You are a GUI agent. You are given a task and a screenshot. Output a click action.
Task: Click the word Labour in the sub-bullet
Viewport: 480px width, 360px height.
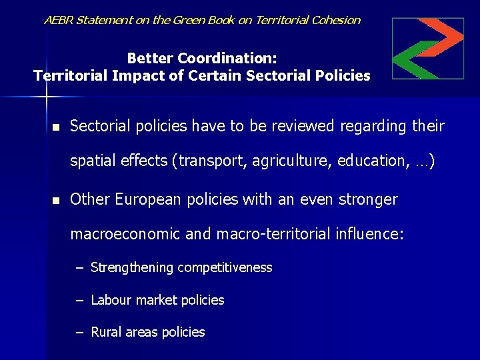point(111,301)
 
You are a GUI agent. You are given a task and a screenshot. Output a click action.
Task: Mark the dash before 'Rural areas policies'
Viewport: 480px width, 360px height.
point(79,333)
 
